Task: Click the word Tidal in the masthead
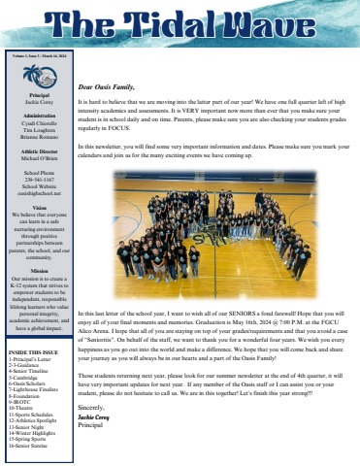pos(185,24)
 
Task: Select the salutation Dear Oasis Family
pos(108,60)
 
